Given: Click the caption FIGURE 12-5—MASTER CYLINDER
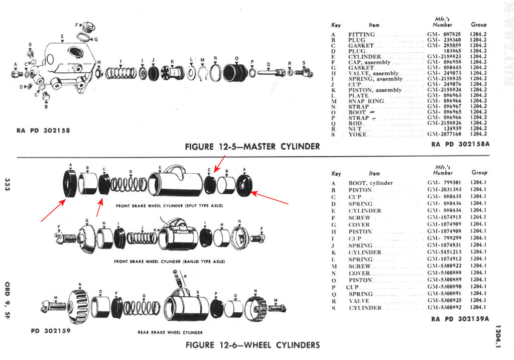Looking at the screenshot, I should [x=252, y=147].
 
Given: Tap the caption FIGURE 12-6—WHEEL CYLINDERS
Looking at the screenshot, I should [x=252, y=345].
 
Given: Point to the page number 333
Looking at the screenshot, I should [x=7, y=184].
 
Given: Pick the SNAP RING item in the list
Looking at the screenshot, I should [x=366, y=101].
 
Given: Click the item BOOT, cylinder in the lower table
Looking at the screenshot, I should [x=370, y=183].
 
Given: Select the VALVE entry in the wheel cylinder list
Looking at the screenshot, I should [x=360, y=301].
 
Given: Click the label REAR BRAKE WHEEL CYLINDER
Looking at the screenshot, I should [x=170, y=332].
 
